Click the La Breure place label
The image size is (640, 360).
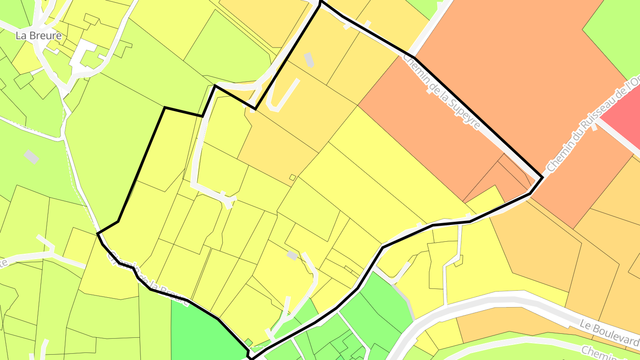pyautogui.click(x=39, y=36)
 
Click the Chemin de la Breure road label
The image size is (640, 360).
pyautogui.click(x=147, y=280)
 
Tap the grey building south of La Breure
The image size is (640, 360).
pyautogui.click(x=31, y=156)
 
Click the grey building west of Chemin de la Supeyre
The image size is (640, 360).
pyautogui.click(x=309, y=60)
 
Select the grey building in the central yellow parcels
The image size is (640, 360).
pyautogui.click(x=292, y=255)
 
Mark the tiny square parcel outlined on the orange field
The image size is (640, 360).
pyautogui.click(x=292, y=177)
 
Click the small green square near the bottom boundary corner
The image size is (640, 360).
pyautogui.click(x=249, y=342)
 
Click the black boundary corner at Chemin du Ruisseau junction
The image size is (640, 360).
pyautogui.click(x=542, y=177)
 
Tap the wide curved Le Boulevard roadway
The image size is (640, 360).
pyautogui.click(x=489, y=302)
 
